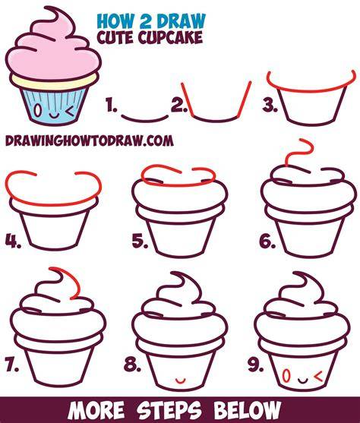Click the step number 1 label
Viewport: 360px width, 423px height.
(x=112, y=106)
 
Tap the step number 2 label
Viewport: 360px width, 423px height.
(x=179, y=106)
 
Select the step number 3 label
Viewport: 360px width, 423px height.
(x=270, y=106)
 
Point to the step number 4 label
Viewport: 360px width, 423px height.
(x=13, y=241)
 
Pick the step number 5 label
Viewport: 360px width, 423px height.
(x=140, y=241)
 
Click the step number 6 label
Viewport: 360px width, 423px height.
(x=267, y=241)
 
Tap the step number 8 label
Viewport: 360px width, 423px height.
(x=133, y=365)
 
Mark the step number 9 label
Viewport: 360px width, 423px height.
(x=255, y=365)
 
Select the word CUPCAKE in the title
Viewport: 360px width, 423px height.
(x=171, y=37)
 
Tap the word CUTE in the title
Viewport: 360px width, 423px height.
(x=116, y=37)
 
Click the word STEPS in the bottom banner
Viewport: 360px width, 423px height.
(x=169, y=410)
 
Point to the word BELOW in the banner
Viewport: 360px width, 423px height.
(x=247, y=410)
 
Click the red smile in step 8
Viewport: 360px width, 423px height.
(x=180, y=381)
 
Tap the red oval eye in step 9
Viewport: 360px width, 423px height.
(x=286, y=376)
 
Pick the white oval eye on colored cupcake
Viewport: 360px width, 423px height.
(x=39, y=110)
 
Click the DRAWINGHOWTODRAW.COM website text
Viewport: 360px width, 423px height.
(x=90, y=140)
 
